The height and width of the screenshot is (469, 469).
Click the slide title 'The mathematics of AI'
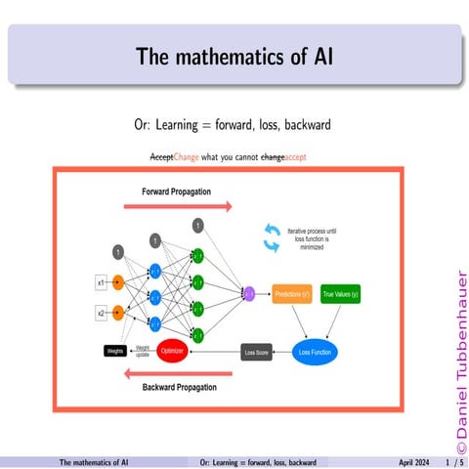[234, 56]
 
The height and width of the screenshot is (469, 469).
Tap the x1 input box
[100, 283]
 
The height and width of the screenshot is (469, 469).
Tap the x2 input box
[100, 314]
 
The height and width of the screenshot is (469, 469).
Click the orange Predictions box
[292, 293]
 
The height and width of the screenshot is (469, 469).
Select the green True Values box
[341, 293]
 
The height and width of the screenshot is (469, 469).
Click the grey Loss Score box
[256, 350]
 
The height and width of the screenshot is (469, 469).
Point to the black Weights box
[115, 350]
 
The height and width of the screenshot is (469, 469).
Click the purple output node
[248, 292]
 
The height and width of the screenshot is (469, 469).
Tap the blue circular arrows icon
[271, 234]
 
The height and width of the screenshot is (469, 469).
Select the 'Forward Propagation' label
[176, 191]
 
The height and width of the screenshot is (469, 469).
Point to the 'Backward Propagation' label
[180, 387]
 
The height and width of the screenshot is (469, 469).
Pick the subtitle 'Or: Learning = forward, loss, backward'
[234, 126]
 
